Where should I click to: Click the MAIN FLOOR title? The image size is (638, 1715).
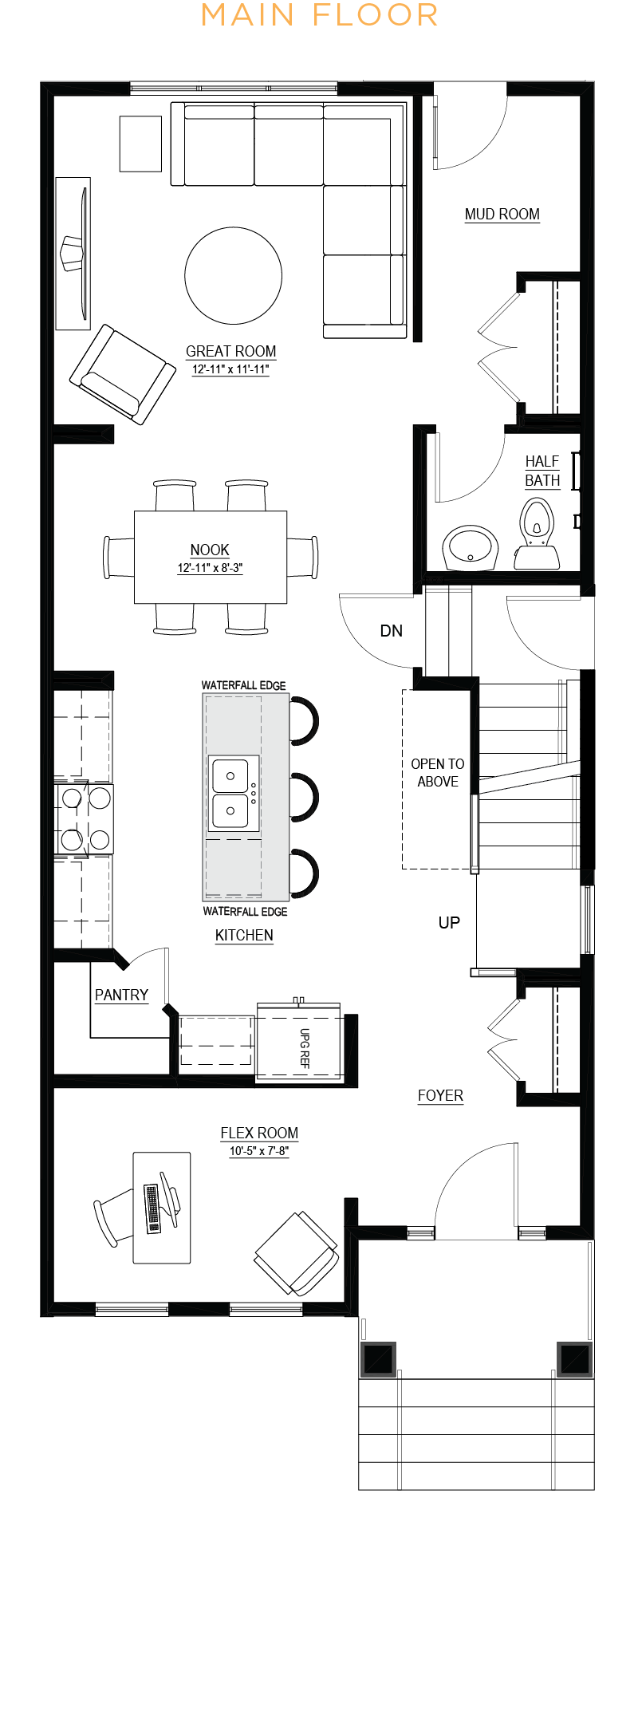point(319,15)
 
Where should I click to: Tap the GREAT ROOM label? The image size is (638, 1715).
point(231,351)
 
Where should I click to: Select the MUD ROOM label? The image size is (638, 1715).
point(502,214)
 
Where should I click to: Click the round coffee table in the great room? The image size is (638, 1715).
point(233,275)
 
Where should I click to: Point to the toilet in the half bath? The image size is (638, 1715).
point(537,533)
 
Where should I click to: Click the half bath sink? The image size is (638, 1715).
point(471,547)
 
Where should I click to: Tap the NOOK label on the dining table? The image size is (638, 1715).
point(210,550)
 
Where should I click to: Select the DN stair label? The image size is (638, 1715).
point(392,631)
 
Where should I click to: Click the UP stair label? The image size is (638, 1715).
point(449,923)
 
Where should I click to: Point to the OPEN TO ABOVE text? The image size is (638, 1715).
point(438,773)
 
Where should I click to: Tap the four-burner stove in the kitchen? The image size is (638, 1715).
point(85,818)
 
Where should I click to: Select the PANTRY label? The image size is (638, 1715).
point(122,995)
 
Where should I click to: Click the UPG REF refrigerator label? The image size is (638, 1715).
point(305,1048)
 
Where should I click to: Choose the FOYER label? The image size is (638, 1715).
point(440,1095)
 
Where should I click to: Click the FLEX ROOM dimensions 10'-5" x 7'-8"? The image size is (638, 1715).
point(259,1151)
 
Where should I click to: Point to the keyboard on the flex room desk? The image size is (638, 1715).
point(152,1208)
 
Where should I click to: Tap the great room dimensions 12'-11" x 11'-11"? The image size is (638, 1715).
point(230,369)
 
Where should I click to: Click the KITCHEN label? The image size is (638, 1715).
point(244,935)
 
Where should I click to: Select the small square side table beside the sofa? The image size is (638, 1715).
point(140,144)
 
